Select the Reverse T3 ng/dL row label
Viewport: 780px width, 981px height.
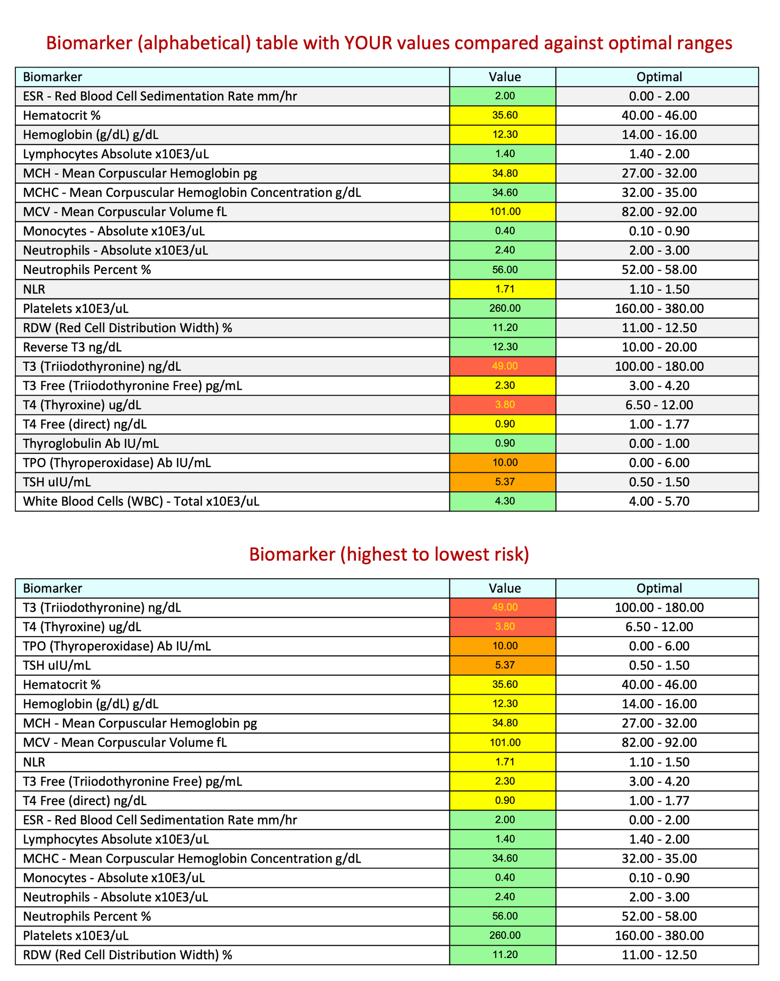point(76,347)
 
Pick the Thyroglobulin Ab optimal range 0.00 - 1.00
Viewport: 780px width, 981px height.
point(659,444)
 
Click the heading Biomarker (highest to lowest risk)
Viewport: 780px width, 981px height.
point(389,554)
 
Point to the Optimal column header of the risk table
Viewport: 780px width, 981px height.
point(659,588)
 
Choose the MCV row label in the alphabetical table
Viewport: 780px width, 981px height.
point(125,212)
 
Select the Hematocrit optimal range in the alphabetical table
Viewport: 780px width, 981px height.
point(659,115)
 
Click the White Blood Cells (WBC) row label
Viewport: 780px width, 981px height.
point(141,502)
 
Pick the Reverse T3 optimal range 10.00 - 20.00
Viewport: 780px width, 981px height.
point(659,347)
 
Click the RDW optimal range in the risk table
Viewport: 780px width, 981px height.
point(659,955)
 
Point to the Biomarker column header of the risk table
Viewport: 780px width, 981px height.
point(53,588)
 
